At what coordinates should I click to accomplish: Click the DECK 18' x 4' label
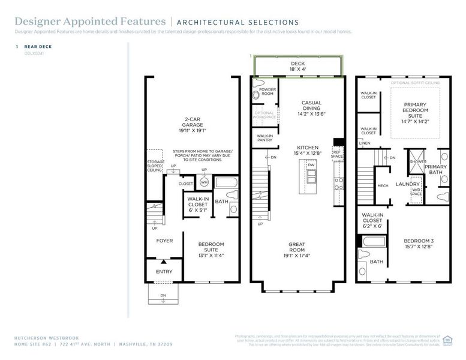[298, 66]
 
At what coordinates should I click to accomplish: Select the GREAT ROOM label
[297, 247]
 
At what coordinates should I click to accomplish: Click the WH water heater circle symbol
[204, 182]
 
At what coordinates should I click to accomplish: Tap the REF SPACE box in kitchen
[338, 153]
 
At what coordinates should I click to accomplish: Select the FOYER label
[164, 241]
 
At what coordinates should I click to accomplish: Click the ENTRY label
[164, 271]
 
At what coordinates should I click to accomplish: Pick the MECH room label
[383, 185]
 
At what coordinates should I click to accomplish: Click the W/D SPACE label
[416, 193]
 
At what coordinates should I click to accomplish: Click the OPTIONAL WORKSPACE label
[264, 115]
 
